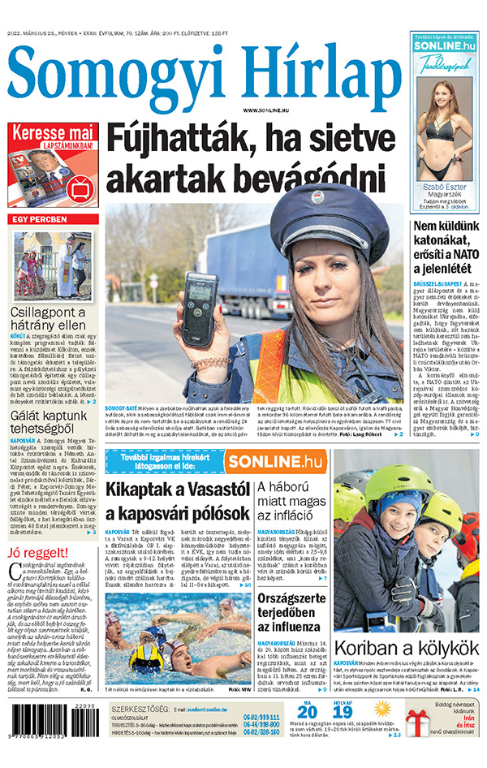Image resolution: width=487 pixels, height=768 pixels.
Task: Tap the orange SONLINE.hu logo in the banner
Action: click(x=273, y=461)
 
